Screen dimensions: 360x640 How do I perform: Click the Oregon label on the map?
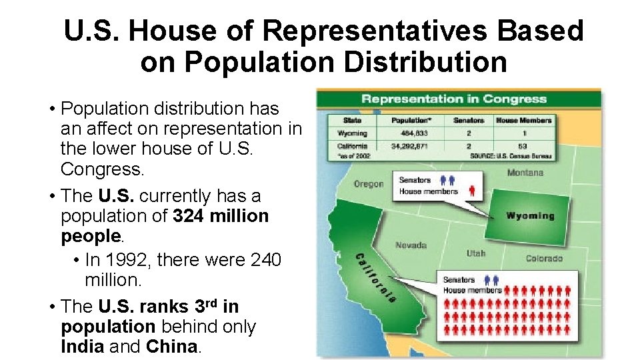[x=369, y=184]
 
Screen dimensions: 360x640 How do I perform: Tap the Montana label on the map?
[x=525, y=173]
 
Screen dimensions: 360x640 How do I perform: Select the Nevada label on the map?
[x=411, y=245]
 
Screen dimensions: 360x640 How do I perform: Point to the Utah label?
[x=476, y=253]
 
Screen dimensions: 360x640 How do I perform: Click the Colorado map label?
[x=544, y=258]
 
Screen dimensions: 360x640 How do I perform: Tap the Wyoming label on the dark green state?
[x=530, y=216]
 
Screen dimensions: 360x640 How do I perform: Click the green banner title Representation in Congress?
[x=454, y=99]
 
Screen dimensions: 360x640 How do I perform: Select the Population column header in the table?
[x=410, y=121]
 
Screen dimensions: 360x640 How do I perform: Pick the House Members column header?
[x=523, y=121]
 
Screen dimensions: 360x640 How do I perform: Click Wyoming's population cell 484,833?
[x=410, y=133]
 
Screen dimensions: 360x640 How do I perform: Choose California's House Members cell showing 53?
[x=523, y=145]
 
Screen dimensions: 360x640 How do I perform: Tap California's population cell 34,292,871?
[x=410, y=145]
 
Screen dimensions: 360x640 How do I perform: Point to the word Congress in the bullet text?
[x=102, y=169]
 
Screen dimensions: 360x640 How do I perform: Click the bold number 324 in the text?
[x=189, y=216]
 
